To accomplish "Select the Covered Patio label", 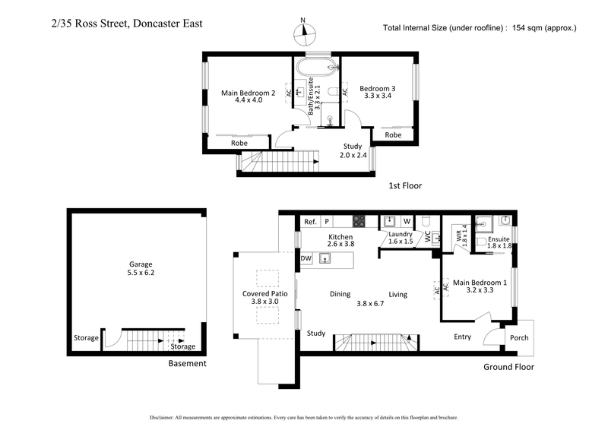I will (264, 293).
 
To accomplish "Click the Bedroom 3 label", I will (377, 88).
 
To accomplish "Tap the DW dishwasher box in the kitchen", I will (306, 259).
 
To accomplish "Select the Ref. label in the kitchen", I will (310, 222).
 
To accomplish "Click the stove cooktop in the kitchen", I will (360, 222).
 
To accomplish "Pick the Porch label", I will (518, 339).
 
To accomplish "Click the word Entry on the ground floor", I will (462, 337).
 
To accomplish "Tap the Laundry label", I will (400, 234).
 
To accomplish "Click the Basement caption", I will (187, 363).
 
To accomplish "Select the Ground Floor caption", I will (508, 367).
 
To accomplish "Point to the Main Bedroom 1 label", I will (480, 283).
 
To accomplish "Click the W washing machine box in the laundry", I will (407, 222).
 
